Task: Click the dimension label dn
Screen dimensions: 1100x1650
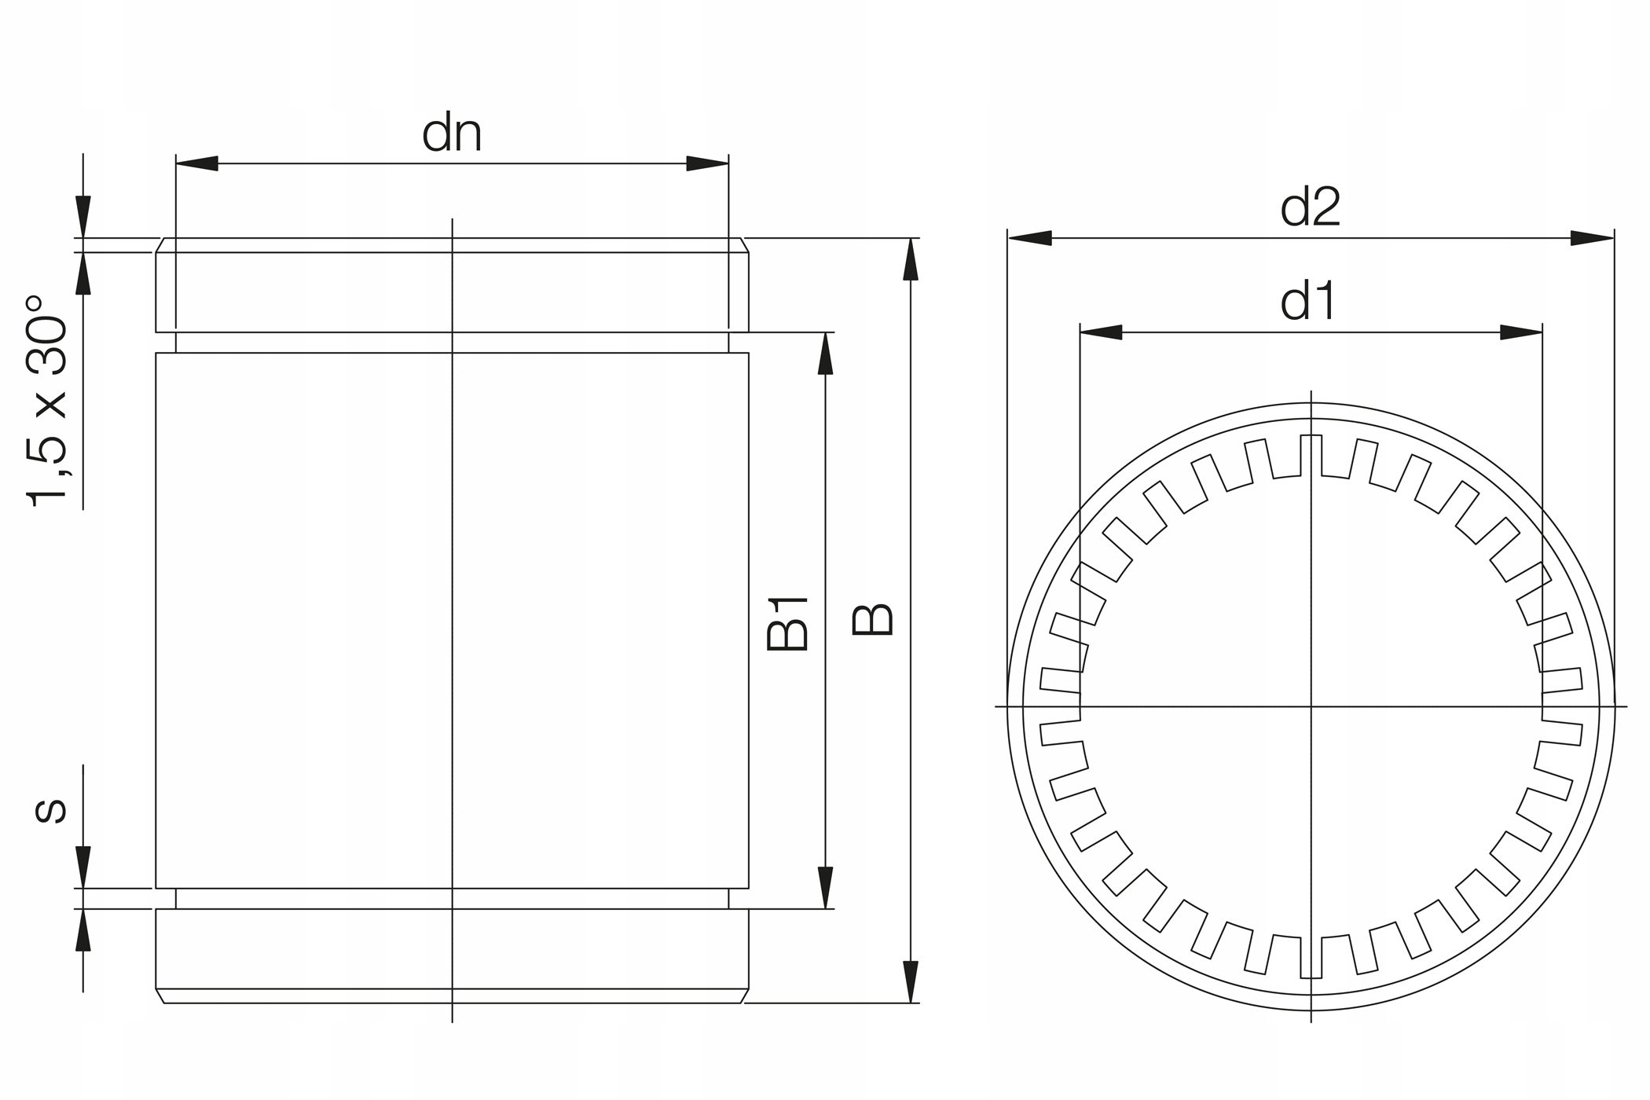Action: pyautogui.click(x=452, y=134)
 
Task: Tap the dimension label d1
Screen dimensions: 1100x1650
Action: pyautogui.click(x=1308, y=302)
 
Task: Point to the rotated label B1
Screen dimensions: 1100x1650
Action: pyautogui.click(x=788, y=625)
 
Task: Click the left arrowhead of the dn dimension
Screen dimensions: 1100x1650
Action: pyautogui.click(x=196, y=163)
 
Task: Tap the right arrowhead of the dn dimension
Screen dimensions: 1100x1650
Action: pyautogui.click(x=707, y=163)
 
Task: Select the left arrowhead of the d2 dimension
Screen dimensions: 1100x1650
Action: pyautogui.click(x=1029, y=238)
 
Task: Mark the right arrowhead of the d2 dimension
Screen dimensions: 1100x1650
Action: pyautogui.click(x=1592, y=238)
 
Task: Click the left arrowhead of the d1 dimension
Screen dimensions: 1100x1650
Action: pyautogui.click(x=1101, y=332)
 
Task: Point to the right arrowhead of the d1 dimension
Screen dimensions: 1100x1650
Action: pyautogui.click(x=1521, y=332)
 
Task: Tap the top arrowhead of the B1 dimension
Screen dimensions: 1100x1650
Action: pyautogui.click(x=825, y=354)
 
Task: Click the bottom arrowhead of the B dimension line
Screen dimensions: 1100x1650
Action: pyautogui.click(x=911, y=982)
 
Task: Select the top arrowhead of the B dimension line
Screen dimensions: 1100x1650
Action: pyautogui.click(x=911, y=259)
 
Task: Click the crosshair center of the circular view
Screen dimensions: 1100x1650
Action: pyautogui.click(x=1311, y=706)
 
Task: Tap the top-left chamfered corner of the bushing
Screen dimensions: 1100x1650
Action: pyautogui.click(x=159, y=245)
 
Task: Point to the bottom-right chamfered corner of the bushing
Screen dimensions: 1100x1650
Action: pyautogui.click(x=745, y=995)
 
